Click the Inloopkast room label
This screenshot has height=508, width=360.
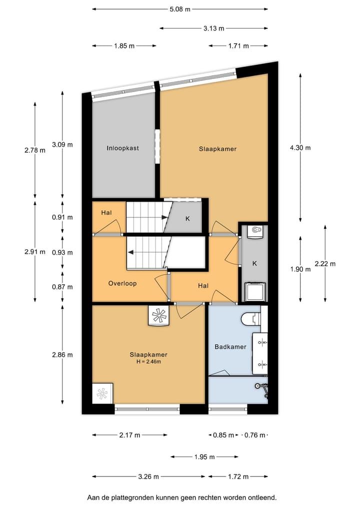(x=122, y=148)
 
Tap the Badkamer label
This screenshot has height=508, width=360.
(x=230, y=347)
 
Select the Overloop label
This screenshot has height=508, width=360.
(x=122, y=283)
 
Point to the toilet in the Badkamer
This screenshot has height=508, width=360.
(x=250, y=318)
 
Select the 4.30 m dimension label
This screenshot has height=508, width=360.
(x=300, y=147)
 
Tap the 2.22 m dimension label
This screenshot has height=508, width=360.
(x=325, y=264)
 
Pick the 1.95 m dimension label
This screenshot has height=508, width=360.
(x=204, y=457)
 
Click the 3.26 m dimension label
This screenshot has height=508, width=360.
(x=148, y=477)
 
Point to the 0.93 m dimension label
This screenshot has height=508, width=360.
(x=62, y=253)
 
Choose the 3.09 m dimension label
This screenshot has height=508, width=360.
(x=62, y=145)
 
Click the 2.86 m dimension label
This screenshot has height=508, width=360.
(x=62, y=355)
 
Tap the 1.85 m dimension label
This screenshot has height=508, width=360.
(x=124, y=46)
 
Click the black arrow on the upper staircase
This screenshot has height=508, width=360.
(x=165, y=217)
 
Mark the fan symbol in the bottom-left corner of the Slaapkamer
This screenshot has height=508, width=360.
(x=102, y=393)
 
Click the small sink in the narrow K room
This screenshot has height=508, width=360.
(x=256, y=231)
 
